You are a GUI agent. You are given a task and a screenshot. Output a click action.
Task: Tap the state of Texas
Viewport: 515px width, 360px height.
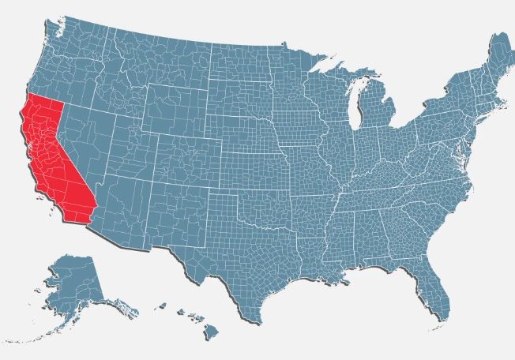[253, 261]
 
